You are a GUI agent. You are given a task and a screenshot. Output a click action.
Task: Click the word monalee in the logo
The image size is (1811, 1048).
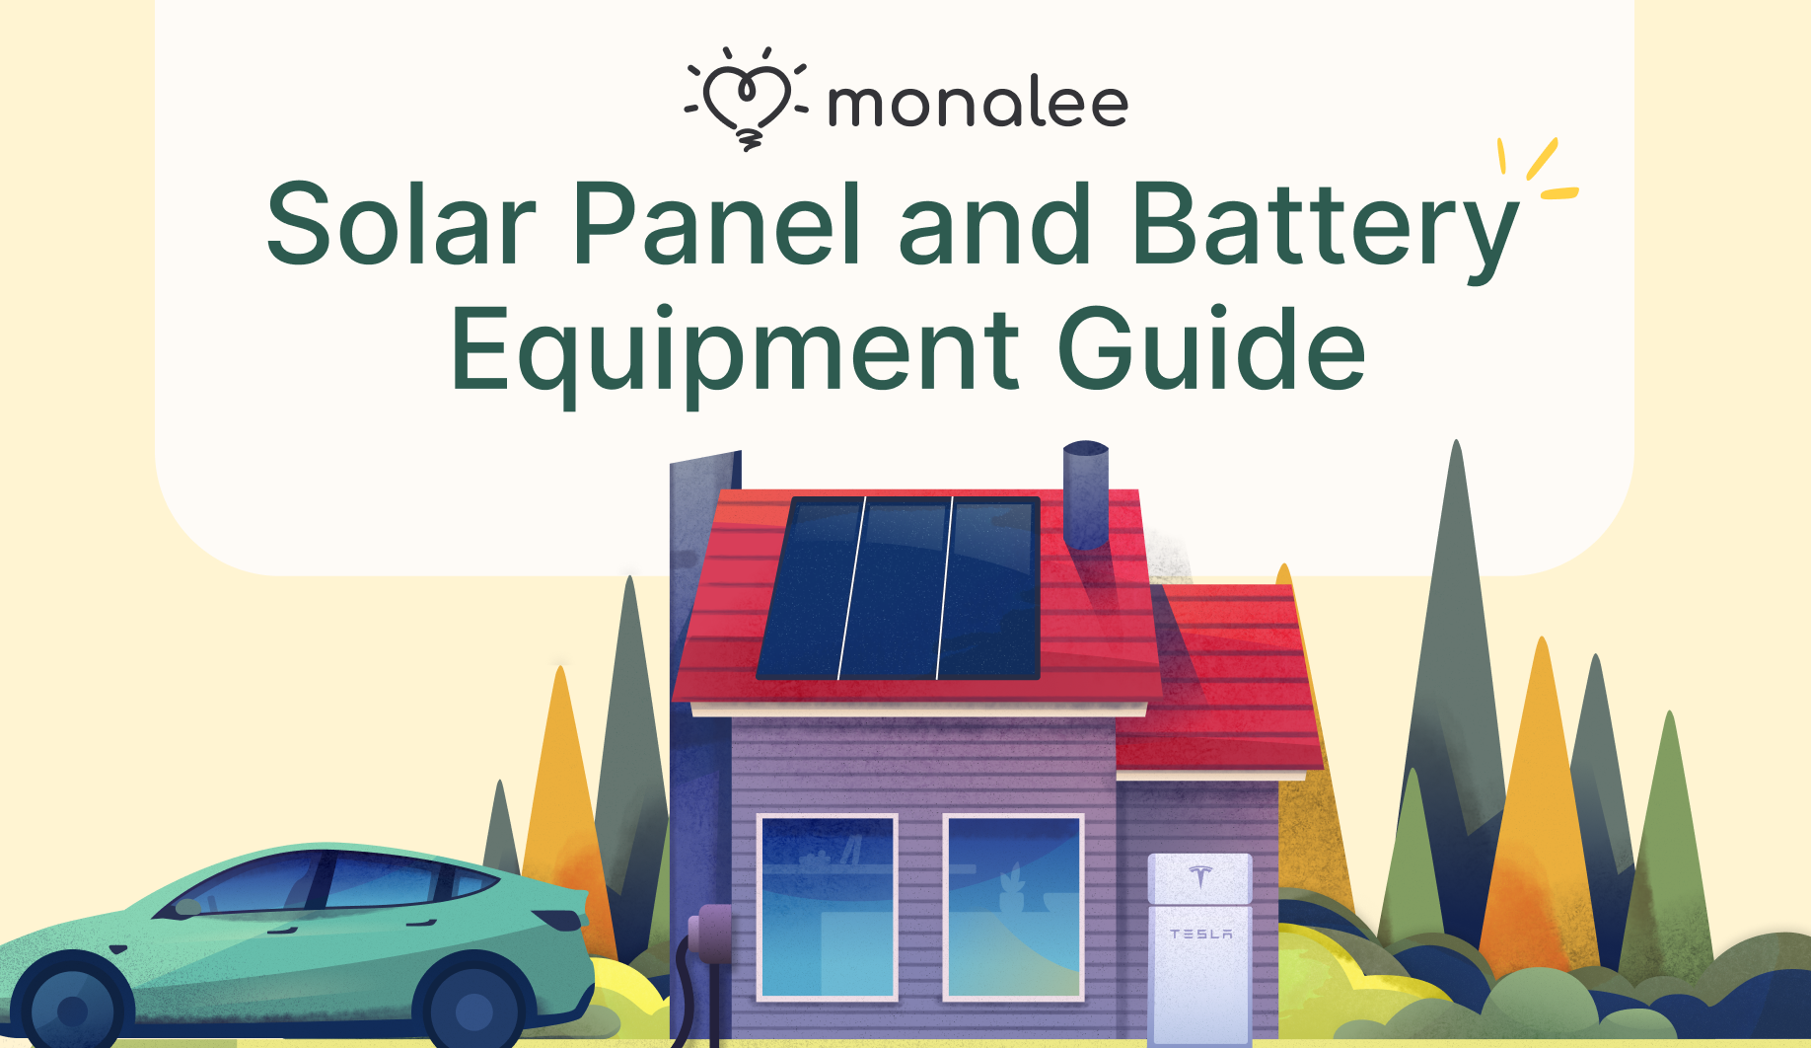click(x=978, y=105)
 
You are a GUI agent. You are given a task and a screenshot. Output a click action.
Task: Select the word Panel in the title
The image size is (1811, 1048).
click(x=718, y=224)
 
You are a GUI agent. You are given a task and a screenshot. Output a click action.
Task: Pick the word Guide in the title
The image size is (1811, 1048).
click(x=1212, y=347)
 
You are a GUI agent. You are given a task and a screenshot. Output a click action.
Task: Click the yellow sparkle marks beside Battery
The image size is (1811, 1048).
click(x=1537, y=169)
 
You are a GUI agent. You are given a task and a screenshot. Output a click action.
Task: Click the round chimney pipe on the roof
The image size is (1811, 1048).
click(x=1086, y=493)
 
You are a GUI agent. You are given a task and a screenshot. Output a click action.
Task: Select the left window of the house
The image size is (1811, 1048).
click(x=827, y=907)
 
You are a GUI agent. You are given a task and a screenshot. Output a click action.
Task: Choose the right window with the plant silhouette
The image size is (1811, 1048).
click(x=1013, y=907)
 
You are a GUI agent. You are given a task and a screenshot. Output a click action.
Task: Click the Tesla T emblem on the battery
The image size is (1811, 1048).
click(x=1200, y=875)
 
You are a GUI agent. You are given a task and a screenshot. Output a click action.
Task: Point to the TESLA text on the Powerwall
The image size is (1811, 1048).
click(x=1200, y=934)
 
